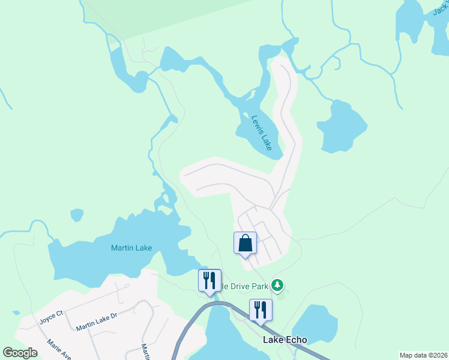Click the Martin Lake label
tap(131, 248)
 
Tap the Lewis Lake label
tap(262, 133)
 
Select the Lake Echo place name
tap(285, 340)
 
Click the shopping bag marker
tap(245, 244)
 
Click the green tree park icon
tap(277, 285)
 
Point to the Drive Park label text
tap(242, 286)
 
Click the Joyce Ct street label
tap(51, 316)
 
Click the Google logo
tap(20, 353)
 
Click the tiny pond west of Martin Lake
tap(77, 214)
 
